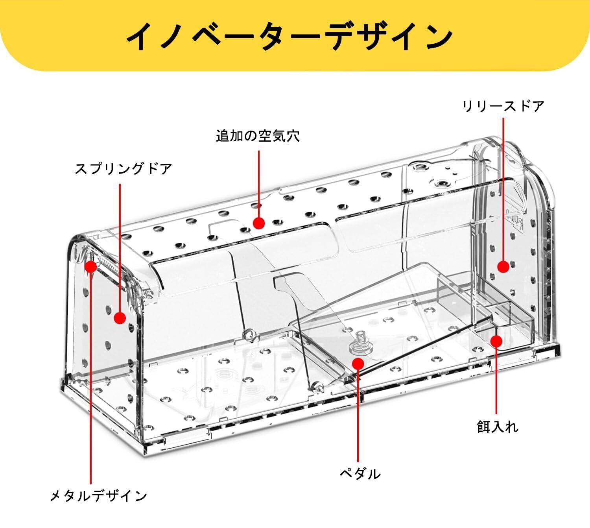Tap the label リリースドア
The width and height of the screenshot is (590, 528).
(x=503, y=106)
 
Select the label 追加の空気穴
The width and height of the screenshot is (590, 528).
(x=258, y=136)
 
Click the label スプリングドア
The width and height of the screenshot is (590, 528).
(x=124, y=169)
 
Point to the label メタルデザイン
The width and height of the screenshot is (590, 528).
(x=98, y=496)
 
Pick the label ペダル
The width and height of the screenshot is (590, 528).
(x=360, y=473)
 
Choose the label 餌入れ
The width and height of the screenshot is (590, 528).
(x=498, y=427)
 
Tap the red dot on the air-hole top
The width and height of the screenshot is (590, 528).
(x=258, y=223)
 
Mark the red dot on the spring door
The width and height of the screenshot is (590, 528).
(x=120, y=318)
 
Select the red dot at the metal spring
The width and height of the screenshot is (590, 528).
(x=91, y=266)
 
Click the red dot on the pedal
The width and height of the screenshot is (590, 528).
(x=358, y=363)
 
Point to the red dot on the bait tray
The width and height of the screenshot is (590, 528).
(x=496, y=341)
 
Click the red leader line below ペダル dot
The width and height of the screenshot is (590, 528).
(x=358, y=417)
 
